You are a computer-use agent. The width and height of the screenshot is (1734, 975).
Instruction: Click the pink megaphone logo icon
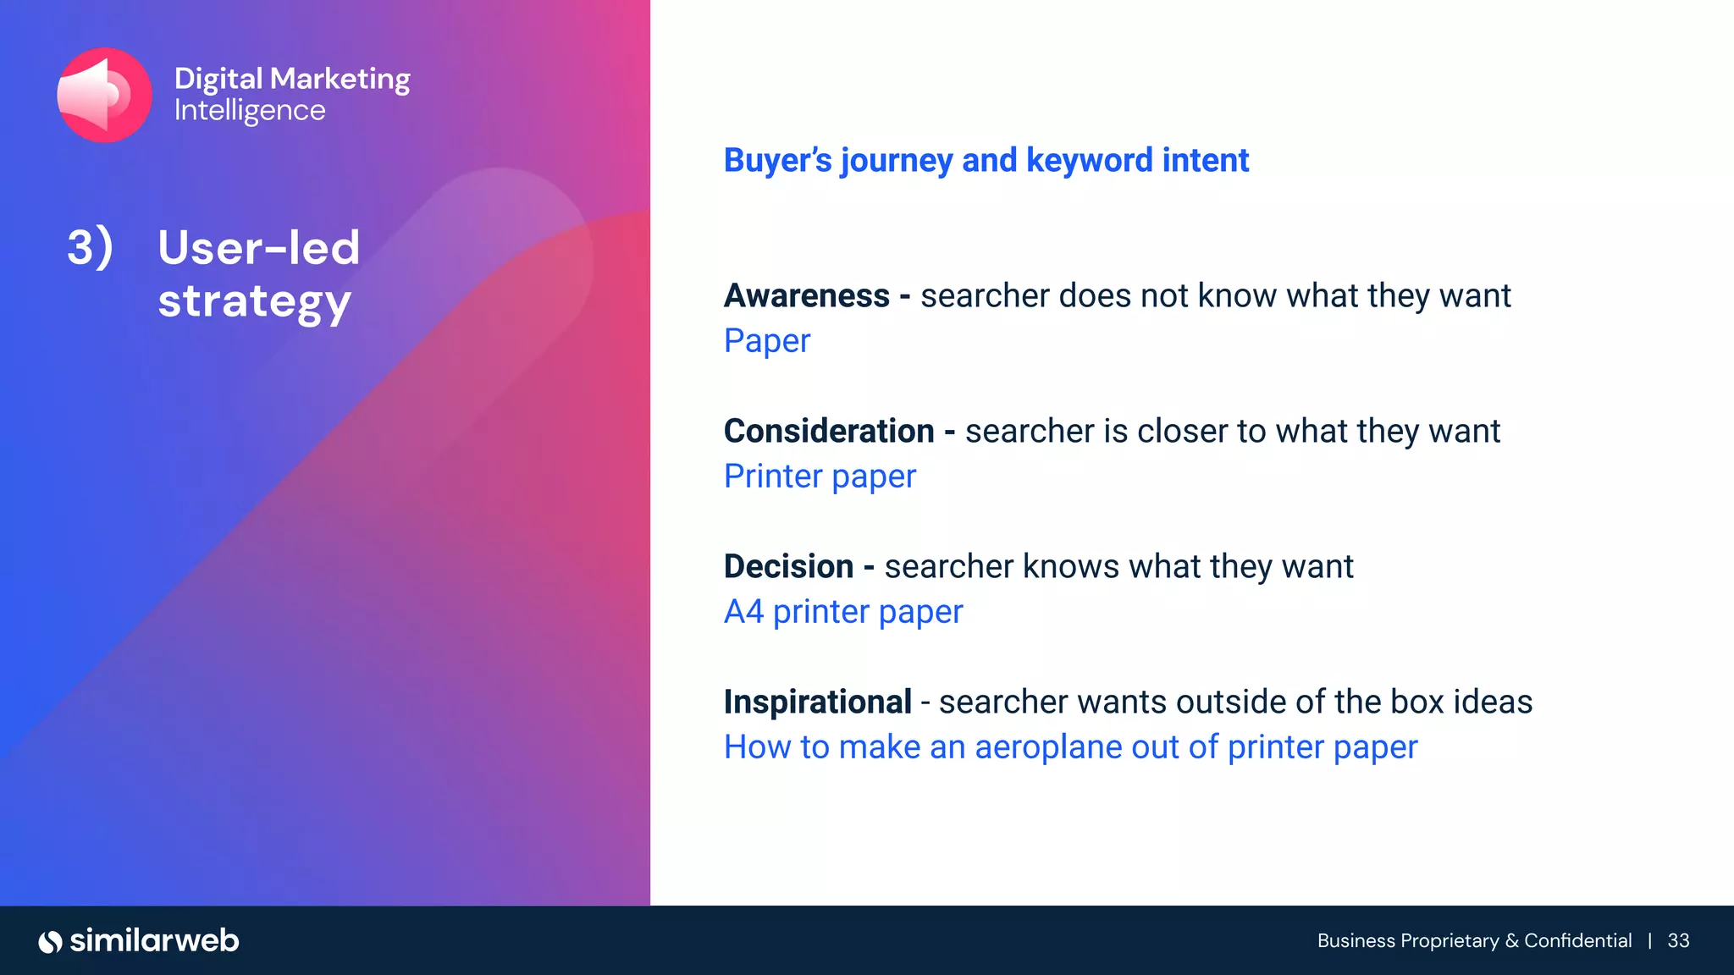pos(104,95)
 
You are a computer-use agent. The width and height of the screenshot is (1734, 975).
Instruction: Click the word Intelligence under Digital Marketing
pos(250,111)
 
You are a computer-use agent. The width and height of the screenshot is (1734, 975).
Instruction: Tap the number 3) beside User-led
pos(90,248)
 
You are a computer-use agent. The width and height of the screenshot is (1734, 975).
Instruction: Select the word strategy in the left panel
pos(254,302)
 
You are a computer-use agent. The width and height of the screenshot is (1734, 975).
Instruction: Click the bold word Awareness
pos(806,296)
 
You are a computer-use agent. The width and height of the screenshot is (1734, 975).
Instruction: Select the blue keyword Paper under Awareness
pos(767,341)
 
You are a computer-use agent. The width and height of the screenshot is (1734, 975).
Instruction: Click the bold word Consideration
pos(828,432)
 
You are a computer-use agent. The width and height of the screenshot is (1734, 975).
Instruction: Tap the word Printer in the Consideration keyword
pos(773,476)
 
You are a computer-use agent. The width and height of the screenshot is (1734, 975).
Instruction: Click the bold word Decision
pos(788,567)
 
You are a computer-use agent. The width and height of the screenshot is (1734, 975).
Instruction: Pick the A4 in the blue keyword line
pos(743,612)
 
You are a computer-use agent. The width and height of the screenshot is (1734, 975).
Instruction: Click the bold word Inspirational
pos(817,702)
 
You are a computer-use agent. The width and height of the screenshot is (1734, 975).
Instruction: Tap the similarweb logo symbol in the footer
pos(51,941)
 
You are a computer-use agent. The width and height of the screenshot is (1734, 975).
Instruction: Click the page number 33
pos(1678,941)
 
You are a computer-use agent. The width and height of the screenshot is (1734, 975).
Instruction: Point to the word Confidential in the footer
pos(1577,941)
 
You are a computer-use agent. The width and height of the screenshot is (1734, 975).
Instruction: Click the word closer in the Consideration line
pos(1181,432)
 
